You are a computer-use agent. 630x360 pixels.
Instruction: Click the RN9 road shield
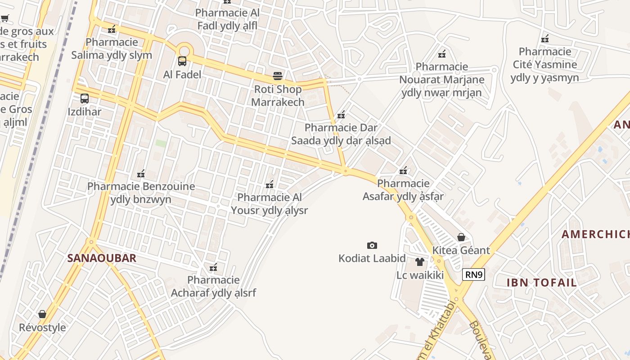coord(473,274)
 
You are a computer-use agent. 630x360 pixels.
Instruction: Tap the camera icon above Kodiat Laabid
coord(372,245)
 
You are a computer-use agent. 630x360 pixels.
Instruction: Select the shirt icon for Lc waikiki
coord(420,262)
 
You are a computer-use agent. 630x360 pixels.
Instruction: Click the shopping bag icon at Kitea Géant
coord(461,237)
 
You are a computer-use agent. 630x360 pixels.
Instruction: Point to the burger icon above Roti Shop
coord(277,76)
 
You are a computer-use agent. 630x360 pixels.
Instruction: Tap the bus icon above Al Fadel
coord(182,61)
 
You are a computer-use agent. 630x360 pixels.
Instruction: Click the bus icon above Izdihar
coord(84,99)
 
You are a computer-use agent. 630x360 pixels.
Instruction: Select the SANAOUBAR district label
coord(102,258)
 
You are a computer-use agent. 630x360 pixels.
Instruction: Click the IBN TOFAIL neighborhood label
coord(541,283)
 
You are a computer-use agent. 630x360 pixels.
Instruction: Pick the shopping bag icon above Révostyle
coord(42,314)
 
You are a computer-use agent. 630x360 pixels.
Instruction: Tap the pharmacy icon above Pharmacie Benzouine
coord(141,173)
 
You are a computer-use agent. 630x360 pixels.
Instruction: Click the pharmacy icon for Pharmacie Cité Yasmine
coord(545,39)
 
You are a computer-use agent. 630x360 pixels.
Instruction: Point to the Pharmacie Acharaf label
coord(213,287)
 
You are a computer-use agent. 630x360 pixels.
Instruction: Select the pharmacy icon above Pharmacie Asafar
coord(403,171)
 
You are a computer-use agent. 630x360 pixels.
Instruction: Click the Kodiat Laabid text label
coord(372,259)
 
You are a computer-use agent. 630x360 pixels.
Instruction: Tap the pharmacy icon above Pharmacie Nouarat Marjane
coord(442,54)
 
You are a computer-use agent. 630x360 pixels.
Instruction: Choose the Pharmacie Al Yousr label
coord(269,204)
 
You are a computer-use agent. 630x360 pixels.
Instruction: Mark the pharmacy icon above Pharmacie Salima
coord(112,29)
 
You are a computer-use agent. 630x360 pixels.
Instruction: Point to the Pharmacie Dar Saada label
coord(341,134)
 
